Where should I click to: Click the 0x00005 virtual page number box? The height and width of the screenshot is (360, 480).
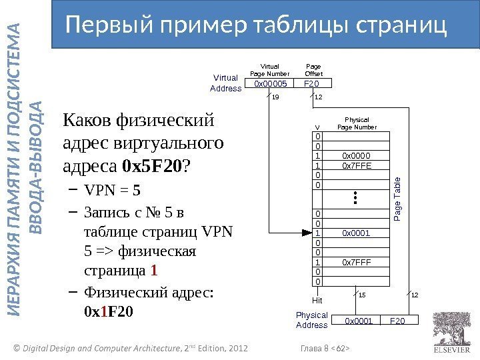(271, 84)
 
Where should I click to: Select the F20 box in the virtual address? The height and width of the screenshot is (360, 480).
(311, 84)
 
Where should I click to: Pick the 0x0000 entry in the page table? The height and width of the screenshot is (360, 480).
(356, 156)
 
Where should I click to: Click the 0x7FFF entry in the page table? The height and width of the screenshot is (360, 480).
(356, 262)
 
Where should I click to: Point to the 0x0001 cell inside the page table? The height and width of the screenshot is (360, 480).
(356, 233)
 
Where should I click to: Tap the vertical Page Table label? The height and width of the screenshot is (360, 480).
(398, 200)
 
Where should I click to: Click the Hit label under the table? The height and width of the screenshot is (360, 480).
(317, 301)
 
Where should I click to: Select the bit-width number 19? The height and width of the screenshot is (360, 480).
(277, 98)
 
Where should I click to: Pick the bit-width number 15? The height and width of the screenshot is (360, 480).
(363, 295)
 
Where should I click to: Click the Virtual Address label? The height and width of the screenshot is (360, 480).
(225, 83)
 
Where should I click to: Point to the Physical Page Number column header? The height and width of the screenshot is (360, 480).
(357, 123)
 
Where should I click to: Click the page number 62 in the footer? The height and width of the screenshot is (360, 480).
(339, 347)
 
